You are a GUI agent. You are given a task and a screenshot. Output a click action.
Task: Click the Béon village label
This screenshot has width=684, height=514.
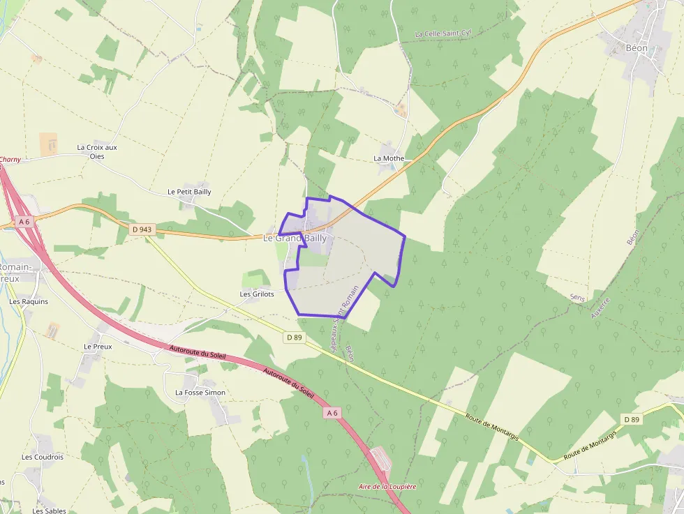tap(637, 48)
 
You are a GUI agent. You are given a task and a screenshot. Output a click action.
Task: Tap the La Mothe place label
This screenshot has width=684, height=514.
tap(389, 158)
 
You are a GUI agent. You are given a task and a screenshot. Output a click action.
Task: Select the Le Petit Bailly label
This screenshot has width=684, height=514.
tap(189, 192)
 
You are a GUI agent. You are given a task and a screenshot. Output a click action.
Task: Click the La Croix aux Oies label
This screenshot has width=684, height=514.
tap(97, 151)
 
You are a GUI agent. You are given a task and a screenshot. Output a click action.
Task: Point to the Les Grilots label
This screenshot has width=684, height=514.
tap(257, 294)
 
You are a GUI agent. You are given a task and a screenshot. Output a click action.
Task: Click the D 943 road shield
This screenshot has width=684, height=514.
tap(142, 229)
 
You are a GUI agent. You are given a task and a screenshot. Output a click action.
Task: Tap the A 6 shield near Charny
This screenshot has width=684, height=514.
tap(25, 222)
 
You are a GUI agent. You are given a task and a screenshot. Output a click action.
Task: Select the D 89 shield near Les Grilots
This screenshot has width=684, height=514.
tap(295, 338)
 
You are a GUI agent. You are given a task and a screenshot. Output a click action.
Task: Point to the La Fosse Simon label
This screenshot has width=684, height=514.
tap(200, 393)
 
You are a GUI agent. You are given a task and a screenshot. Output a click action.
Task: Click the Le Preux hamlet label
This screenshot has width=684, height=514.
tap(98, 347)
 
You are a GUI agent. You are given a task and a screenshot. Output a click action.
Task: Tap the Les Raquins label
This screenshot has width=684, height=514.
tap(29, 302)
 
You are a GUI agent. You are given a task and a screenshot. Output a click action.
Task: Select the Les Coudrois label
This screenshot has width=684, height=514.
tap(43, 458)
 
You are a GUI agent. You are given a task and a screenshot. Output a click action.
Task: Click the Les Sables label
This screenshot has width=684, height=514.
tap(49, 511)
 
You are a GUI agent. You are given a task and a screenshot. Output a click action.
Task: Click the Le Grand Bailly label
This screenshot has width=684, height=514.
tap(295, 239)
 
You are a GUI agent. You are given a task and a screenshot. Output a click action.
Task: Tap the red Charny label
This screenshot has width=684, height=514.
tap(10, 160)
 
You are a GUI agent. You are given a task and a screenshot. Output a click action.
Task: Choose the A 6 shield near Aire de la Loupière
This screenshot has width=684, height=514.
tap(332, 414)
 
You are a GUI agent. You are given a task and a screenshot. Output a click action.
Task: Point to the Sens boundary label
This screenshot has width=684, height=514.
tap(577, 297)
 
